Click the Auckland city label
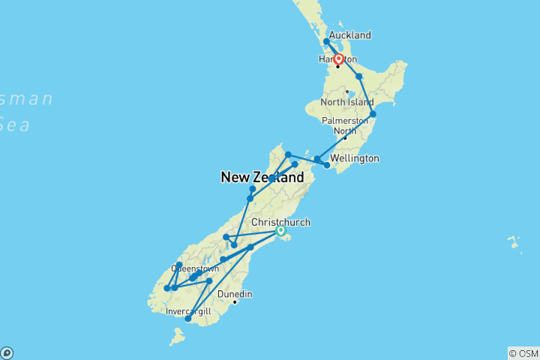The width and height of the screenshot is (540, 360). pos(349,35)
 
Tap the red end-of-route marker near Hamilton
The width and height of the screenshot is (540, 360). pos(338,58)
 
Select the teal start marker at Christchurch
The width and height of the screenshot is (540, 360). pos(280,231)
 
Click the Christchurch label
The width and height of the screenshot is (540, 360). pos(280,222)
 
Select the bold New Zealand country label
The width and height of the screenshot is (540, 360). pos(262,178)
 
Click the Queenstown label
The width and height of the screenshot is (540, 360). pos(195,268)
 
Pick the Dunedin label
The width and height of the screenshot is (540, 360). pos(234,294)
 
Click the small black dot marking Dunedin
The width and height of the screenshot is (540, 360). pos(235,302)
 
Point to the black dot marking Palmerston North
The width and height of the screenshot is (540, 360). pos(345,138)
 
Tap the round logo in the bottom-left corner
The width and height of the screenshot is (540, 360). pos(6,352)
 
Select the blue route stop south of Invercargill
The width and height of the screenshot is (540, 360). pos(188,319)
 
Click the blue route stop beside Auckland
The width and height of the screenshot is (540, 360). pos(326,42)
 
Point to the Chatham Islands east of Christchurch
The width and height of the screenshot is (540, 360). pos(514,244)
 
